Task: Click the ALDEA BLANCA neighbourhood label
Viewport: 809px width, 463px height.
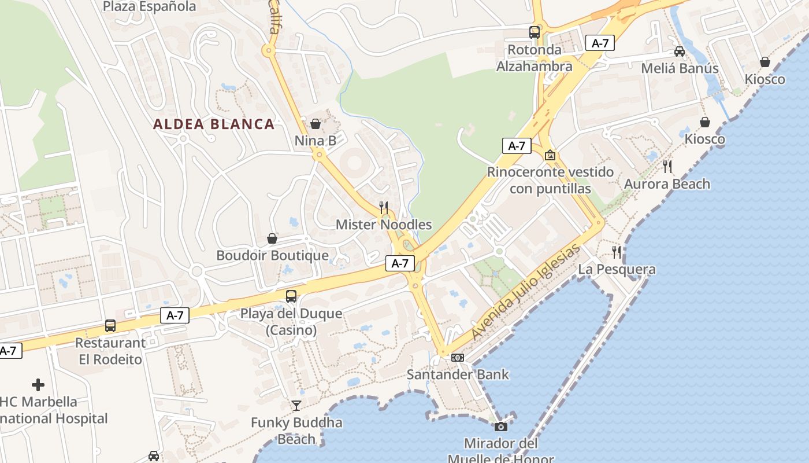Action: [214, 124]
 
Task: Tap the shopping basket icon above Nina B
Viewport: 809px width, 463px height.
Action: [316, 123]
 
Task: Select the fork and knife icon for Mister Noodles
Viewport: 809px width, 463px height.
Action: [383, 207]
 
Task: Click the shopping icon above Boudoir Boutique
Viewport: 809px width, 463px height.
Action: [272, 238]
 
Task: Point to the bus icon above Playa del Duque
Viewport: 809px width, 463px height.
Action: [291, 296]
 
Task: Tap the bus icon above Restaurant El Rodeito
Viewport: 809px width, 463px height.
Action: [110, 326]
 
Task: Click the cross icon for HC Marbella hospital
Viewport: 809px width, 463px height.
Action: [38, 385]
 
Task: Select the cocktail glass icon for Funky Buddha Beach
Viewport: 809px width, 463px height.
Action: [296, 406]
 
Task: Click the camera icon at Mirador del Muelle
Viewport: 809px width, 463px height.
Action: [501, 427]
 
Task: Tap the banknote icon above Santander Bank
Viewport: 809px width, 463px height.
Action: [458, 358]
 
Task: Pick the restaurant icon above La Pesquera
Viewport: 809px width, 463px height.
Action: [617, 252]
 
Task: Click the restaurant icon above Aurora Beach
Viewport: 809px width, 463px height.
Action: [667, 167]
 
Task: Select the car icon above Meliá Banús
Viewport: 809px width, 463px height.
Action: [680, 51]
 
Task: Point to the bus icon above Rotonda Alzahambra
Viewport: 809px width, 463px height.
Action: [535, 32]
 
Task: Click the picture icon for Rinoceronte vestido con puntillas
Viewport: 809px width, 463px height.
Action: [550, 155]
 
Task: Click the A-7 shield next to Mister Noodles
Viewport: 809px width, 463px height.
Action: [400, 263]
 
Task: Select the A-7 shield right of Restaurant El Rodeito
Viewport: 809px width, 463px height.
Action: [175, 315]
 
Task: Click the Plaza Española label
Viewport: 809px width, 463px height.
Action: [150, 7]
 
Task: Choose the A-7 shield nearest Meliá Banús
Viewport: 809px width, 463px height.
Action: [600, 43]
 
